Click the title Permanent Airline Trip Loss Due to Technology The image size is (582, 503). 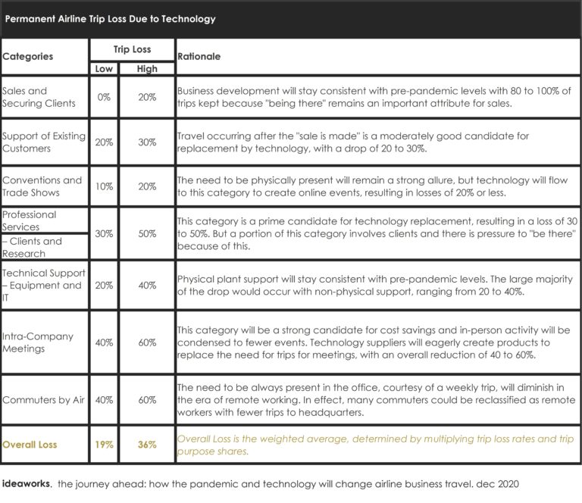[110, 19]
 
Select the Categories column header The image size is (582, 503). [28, 56]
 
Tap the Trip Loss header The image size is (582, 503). [132, 49]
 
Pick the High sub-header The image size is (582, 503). [147, 68]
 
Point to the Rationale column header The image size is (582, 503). [199, 56]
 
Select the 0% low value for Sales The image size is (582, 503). [104, 97]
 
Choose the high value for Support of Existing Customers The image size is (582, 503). [147, 142]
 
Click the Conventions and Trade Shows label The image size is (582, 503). [42, 186]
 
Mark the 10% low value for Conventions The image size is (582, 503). [104, 186]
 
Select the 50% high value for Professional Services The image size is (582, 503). [147, 233]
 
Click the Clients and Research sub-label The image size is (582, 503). [34, 247]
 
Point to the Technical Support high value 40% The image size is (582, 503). [147, 286]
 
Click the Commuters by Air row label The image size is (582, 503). [43, 399]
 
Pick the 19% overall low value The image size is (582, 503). [104, 445]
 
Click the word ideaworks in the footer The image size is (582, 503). [27, 483]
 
